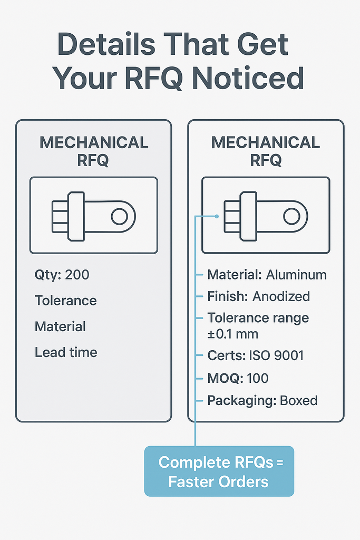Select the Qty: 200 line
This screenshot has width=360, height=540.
62,275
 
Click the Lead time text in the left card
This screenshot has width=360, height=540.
66,352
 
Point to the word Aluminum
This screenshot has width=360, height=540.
296,275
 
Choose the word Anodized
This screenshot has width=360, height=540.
281,296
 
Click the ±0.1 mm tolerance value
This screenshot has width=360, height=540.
232,334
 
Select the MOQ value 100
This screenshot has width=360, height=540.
257,378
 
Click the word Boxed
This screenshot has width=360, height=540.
299,401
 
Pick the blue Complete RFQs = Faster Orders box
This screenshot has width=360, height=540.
219,471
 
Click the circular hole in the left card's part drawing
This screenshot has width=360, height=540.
120,217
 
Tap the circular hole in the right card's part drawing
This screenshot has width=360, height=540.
291,217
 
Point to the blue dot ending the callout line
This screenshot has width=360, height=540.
217,216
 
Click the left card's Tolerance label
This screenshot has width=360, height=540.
66,301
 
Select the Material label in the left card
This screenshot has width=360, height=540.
60,326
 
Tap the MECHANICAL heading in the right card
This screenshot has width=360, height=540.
266,142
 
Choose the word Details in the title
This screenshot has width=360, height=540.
106,44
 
